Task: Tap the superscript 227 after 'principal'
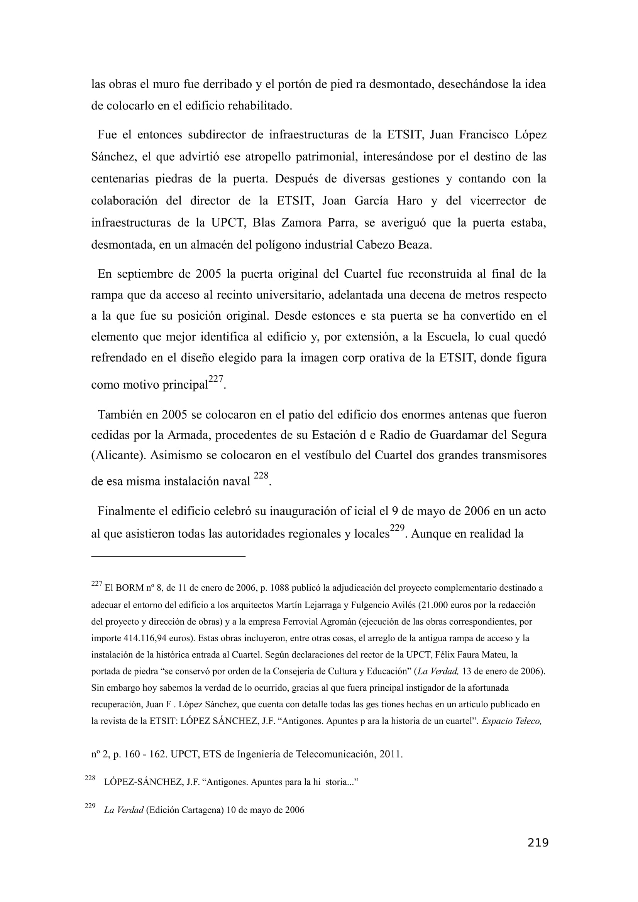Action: (215, 379)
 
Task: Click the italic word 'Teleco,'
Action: (528, 721)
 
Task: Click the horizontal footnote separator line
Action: (168, 556)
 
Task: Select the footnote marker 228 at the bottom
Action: (90, 778)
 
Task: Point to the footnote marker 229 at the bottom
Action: (90, 806)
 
